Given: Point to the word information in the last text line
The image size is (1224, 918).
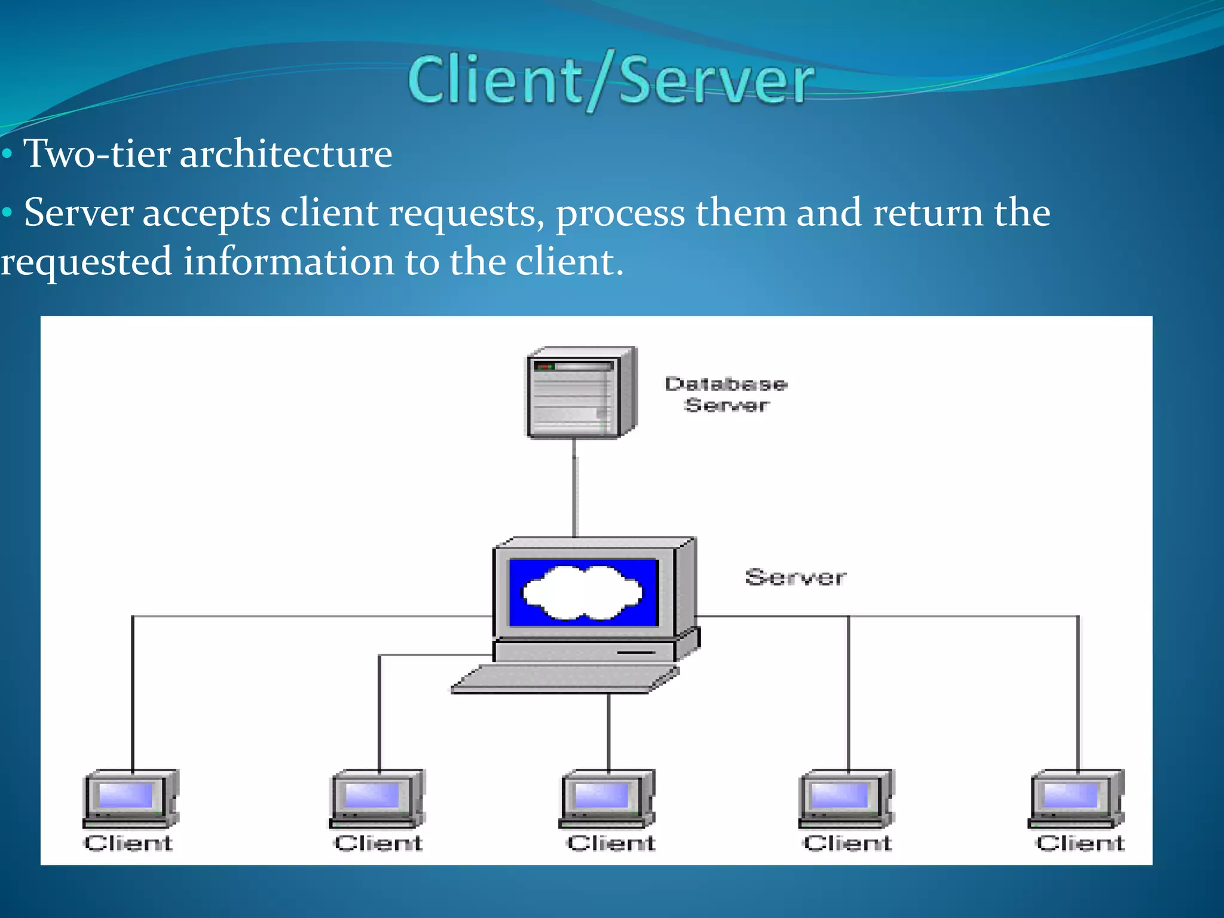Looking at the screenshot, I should coord(288,262).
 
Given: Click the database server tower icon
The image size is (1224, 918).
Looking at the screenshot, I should coord(580,393).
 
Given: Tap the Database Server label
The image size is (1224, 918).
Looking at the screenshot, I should coord(726,394).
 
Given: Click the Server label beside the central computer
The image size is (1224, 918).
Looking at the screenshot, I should coord(795,577).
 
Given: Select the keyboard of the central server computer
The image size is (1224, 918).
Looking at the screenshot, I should coord(565,680).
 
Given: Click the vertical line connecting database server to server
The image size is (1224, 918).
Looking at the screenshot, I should coord(575,487).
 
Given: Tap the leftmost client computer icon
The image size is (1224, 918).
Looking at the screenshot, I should coord(130,799).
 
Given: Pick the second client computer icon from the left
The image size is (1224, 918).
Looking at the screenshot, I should coord(377,799).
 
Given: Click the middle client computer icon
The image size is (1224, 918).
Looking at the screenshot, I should coord(607,799).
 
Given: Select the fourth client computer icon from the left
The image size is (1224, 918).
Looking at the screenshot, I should coord(846,799).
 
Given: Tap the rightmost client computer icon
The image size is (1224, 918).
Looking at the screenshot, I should coord(1076,799).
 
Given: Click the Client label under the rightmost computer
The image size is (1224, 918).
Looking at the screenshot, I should coord(1079,843).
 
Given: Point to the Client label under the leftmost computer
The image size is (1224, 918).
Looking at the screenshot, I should coord(128,843).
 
